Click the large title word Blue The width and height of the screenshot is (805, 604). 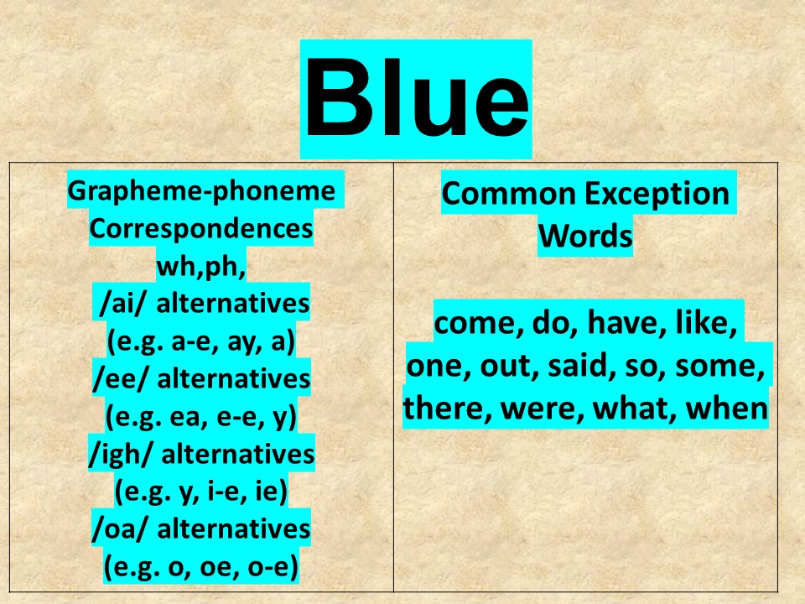pos(417,97)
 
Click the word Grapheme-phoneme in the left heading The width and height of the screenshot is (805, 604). pos(201,191)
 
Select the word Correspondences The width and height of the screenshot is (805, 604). pos(200,228)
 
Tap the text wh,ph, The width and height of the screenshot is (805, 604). pos(200,266)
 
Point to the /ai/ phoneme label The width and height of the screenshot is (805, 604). pos(121,304)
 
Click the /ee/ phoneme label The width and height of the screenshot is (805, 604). pos(121,379)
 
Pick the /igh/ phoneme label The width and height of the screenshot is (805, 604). pos(122,455)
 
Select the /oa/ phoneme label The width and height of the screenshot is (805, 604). pos(121,529)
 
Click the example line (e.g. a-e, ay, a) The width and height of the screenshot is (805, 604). pos(200,341)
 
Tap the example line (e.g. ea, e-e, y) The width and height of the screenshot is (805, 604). pos(200,417)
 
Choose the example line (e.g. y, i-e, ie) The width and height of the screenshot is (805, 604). pos(200,492)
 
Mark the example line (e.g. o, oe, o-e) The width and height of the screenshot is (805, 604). pos(200,567)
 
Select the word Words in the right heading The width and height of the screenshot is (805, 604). pos(585,237)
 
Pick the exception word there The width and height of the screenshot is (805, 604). pos(447,409)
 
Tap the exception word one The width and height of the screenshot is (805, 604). pos(439,367)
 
